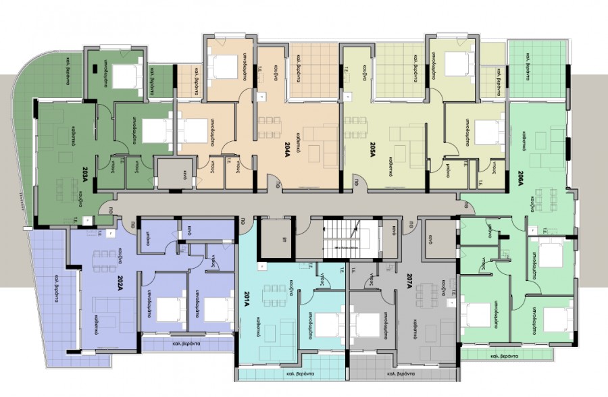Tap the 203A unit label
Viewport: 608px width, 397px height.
coord(84,178)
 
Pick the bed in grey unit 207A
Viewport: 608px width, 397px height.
coord(369,325)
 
